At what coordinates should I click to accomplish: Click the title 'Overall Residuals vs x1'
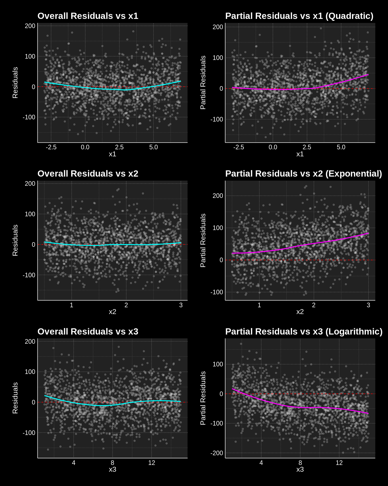click(88, 16)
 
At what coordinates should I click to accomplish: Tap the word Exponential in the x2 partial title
click(354, 174)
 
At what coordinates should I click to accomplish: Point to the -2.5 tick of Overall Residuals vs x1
click(51, 147)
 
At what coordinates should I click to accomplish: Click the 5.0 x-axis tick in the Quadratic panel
click(341, 147)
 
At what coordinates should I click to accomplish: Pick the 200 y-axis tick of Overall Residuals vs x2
click(30, 184)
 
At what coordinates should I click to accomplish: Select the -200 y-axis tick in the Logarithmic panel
click(217, 453)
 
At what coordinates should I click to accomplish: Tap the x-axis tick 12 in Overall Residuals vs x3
click(152, 463)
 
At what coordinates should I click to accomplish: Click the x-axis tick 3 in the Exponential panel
click(368, 305)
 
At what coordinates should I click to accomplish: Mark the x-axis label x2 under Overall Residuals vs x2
click(112, 312)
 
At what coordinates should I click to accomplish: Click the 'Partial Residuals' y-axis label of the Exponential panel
click(203, 240)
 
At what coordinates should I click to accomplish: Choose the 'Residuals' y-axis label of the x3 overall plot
click(15, 398)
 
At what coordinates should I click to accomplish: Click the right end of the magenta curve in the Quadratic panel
click(368, 75)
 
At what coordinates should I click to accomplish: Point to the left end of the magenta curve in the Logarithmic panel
click(233, 389)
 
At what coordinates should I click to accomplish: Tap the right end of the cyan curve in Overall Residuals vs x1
click(181, 81)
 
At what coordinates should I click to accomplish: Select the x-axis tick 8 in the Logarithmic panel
click(300, 463)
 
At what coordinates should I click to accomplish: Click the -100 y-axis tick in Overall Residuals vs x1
click(29, 117)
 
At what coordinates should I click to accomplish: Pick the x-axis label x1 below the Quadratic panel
click(300, 154)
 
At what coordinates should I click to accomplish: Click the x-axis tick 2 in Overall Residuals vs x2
click(126, 305)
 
